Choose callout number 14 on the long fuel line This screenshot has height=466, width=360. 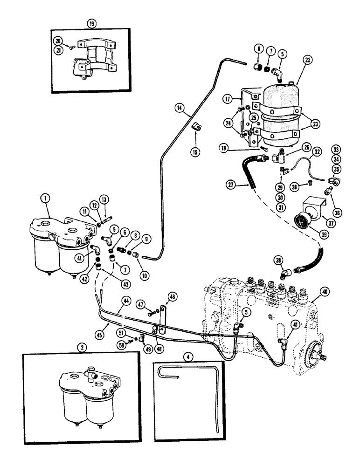pyautogui.click(x=179, y=108)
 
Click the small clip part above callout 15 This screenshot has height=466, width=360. pyautogui.click(x=196, y=138)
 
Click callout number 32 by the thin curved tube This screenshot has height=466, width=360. pyautogui.click(x=317, y=152)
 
